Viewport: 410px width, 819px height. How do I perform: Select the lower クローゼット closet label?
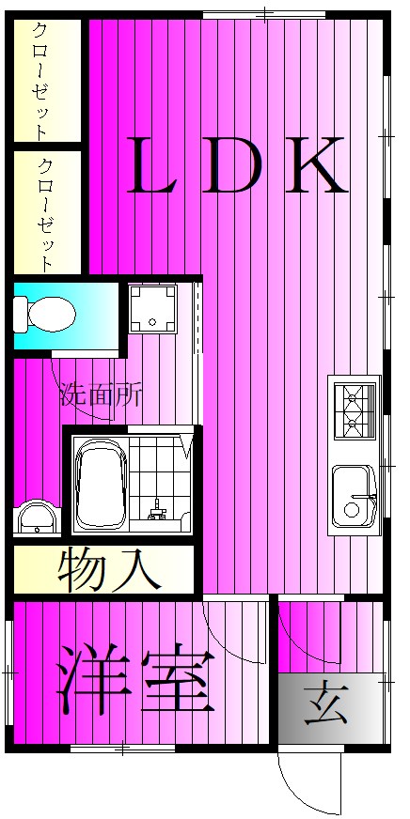coord(44,214)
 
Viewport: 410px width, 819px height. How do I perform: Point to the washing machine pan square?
coord(152,308)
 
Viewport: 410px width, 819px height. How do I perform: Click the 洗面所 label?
coord(101,394)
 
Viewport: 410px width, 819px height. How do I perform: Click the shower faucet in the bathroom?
coord(157,511)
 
